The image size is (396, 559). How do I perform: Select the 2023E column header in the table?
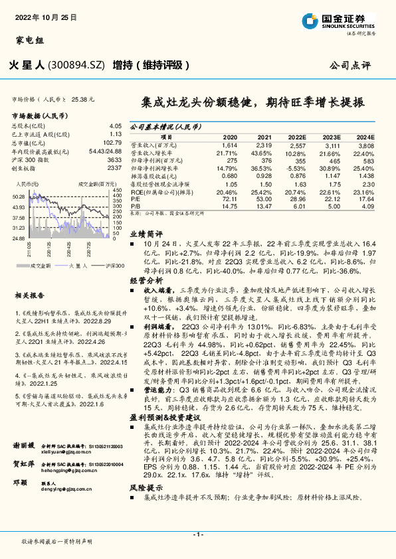(x=332, y=135)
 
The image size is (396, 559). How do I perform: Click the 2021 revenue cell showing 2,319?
(x=263, y=144)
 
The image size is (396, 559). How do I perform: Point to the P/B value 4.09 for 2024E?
(x=367, y=206)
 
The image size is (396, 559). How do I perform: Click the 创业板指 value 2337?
(x=114, y=168)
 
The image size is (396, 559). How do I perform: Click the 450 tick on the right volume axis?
(x=118, y=191)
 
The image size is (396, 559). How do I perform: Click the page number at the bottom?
(x=197, y=534)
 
